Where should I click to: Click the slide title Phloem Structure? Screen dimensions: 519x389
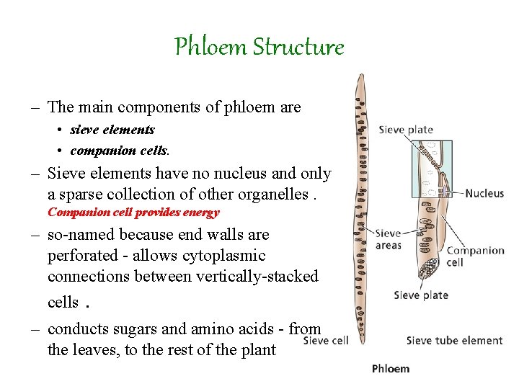click(x=259, y=48)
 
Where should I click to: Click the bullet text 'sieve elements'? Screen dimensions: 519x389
click(x=112, y=130)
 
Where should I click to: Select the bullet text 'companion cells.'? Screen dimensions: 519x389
click(x=120, y=151)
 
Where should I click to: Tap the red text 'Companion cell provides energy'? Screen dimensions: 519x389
click(x=133, y=213)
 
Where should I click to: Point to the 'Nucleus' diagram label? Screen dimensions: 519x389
click(x=484, y=194)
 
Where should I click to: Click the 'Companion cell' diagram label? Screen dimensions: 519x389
click(x=475, y=256)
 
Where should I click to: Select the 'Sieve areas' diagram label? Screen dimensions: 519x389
click(x=389, y=239)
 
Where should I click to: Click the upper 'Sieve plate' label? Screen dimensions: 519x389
click(x=406, y=130)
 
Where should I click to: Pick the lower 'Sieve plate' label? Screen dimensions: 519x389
click(x=421, y=295)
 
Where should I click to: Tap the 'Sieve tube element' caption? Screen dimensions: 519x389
click(x=454, y=341)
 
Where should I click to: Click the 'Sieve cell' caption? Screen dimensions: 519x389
click(x=326, y=341)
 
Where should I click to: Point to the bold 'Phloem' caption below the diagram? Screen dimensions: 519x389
click(x=391, y=369)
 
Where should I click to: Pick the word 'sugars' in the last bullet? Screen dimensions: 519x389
click(x=143, y=329)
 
